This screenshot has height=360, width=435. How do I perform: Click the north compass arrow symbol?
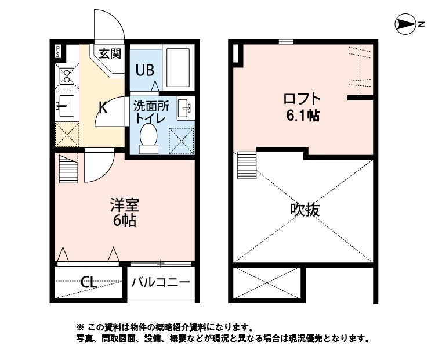tap(404, 24)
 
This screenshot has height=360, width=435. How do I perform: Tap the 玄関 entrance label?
tap(109, 54)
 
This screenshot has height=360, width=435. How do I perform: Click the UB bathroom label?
tap(144, 70)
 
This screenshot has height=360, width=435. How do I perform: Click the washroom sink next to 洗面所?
tap(186, 107)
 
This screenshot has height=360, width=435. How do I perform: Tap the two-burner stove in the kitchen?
tap(66, 76)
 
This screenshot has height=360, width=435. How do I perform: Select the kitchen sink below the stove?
tap(65, 106)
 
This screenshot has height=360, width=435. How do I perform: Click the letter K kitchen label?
tap(102, 107)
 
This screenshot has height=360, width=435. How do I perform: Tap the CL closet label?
tap(89, 283)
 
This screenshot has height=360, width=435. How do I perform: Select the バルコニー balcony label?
tap(160, 283)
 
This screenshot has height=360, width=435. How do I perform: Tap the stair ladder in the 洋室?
tap(68, 168)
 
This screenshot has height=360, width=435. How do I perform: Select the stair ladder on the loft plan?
tap(246, 165)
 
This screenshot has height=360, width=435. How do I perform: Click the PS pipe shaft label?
tap(58, 51)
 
